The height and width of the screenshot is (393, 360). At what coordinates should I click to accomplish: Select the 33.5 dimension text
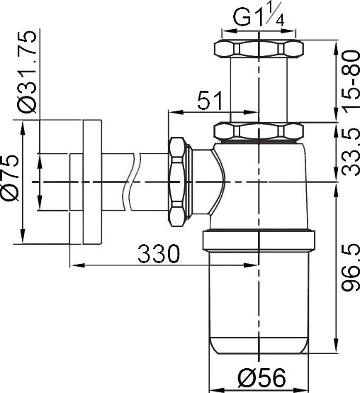point(347,152)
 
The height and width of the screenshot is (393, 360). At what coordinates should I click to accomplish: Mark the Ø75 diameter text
point(13,182)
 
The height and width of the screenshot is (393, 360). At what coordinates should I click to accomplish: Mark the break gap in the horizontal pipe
point(134,182)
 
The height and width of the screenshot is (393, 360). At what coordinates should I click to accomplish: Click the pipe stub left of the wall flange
point(76,182)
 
